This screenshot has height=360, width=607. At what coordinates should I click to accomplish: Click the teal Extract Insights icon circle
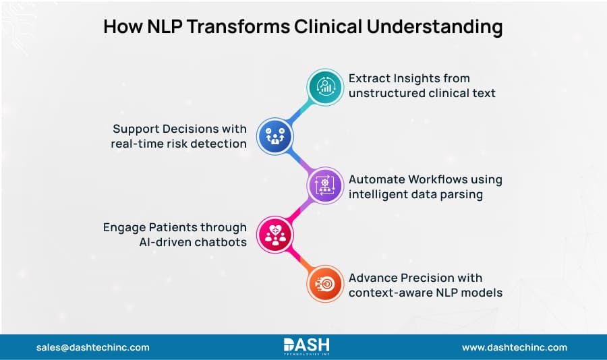[325, 86]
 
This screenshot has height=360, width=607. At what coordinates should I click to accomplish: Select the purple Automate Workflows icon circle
[325, 185]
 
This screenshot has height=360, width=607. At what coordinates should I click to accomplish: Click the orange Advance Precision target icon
[325, 284]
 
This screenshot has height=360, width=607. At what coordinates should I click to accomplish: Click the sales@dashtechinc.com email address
[92, 347]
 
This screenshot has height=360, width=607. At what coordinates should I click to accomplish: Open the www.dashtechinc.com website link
[515, 347]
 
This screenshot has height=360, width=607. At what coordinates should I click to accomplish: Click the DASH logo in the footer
[303, 347]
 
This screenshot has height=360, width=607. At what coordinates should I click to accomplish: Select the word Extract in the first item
[370, 79]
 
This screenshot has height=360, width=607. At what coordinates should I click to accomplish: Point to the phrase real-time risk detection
[179, 143]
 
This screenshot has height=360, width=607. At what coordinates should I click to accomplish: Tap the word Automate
[377, 179]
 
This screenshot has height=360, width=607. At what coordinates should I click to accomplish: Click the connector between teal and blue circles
[301, 111]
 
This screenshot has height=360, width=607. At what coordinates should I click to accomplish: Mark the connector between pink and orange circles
[301, 260]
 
